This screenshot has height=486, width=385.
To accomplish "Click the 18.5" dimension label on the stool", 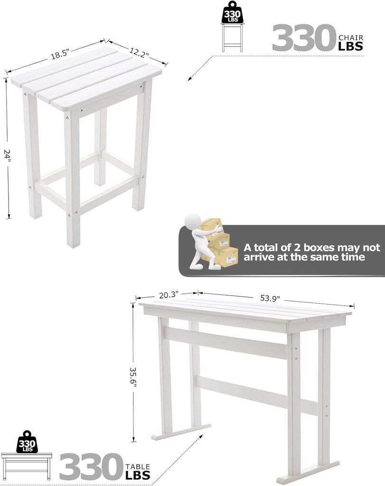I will tap(60, 54).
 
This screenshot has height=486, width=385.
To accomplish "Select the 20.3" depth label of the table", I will tap(169, 295).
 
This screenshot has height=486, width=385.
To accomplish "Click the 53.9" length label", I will tap(270, 298).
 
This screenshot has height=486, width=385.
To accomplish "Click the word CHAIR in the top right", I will tap(351, 37).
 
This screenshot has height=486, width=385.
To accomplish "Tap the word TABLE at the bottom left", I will tap(138, 467).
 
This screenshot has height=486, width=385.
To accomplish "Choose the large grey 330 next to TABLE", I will tap(90, 467).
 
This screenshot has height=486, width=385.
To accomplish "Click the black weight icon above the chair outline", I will tap(232, 14).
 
